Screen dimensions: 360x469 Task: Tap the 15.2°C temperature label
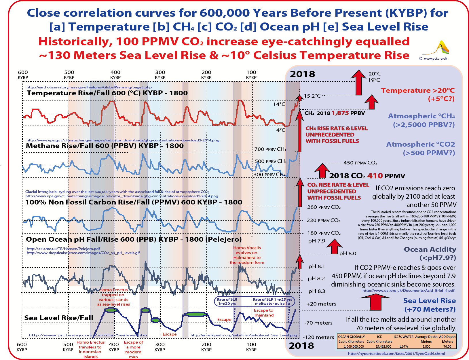pyautogui.click(x=312, y=96)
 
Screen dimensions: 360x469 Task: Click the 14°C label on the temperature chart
pyautogui.click(x=279, y=104)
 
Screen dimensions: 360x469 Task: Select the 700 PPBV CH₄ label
pyautogui.click(x=270, y=149)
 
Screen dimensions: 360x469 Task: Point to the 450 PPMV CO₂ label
pyautogui.click(x=360, y=163)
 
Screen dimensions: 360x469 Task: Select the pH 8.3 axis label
pyautogui.click(x=317, y=291)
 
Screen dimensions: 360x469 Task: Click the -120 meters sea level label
pyautogui.click(x=318, y=337)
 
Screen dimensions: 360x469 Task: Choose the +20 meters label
pyautogui.click(x=321, y=304)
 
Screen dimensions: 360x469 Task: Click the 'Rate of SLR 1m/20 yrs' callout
pyautogui.click(x=227, y=301)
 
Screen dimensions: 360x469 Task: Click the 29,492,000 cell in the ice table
pyautogui.click(x=379, y=346)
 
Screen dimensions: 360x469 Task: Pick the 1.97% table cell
pyautogui.click(x=403, y=346)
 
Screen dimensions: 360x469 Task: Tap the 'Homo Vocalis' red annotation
pyautogui.click(x=247, y=248)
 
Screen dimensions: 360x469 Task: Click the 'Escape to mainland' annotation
pyautogui.click(x=264, y=312)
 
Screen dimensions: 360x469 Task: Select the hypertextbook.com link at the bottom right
pyautogui.click(x=396, y=353)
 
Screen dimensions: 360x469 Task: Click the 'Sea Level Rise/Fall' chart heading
pyautogui.click(x=59, y=318)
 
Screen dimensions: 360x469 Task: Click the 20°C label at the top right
pyautogui.click(x=375, y=74)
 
